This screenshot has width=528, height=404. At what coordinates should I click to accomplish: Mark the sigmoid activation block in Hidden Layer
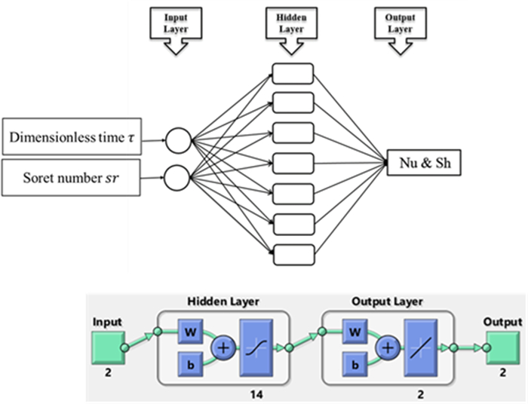click(x=259, y=348)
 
